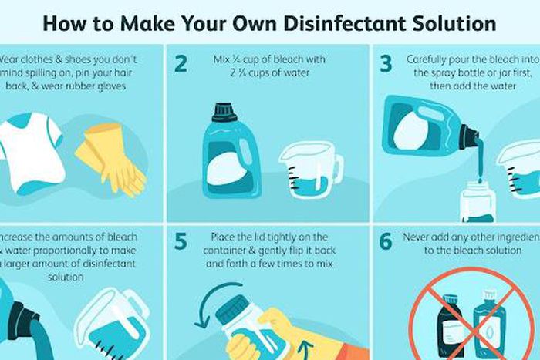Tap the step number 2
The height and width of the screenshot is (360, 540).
(x=181, y=62)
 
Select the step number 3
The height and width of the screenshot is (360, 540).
(x=386, y=62)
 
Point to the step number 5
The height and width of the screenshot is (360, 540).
(x=181, y=241)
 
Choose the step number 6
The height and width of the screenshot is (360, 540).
(x=386, y=241)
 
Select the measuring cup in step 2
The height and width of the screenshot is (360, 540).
(x=307, y=172)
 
